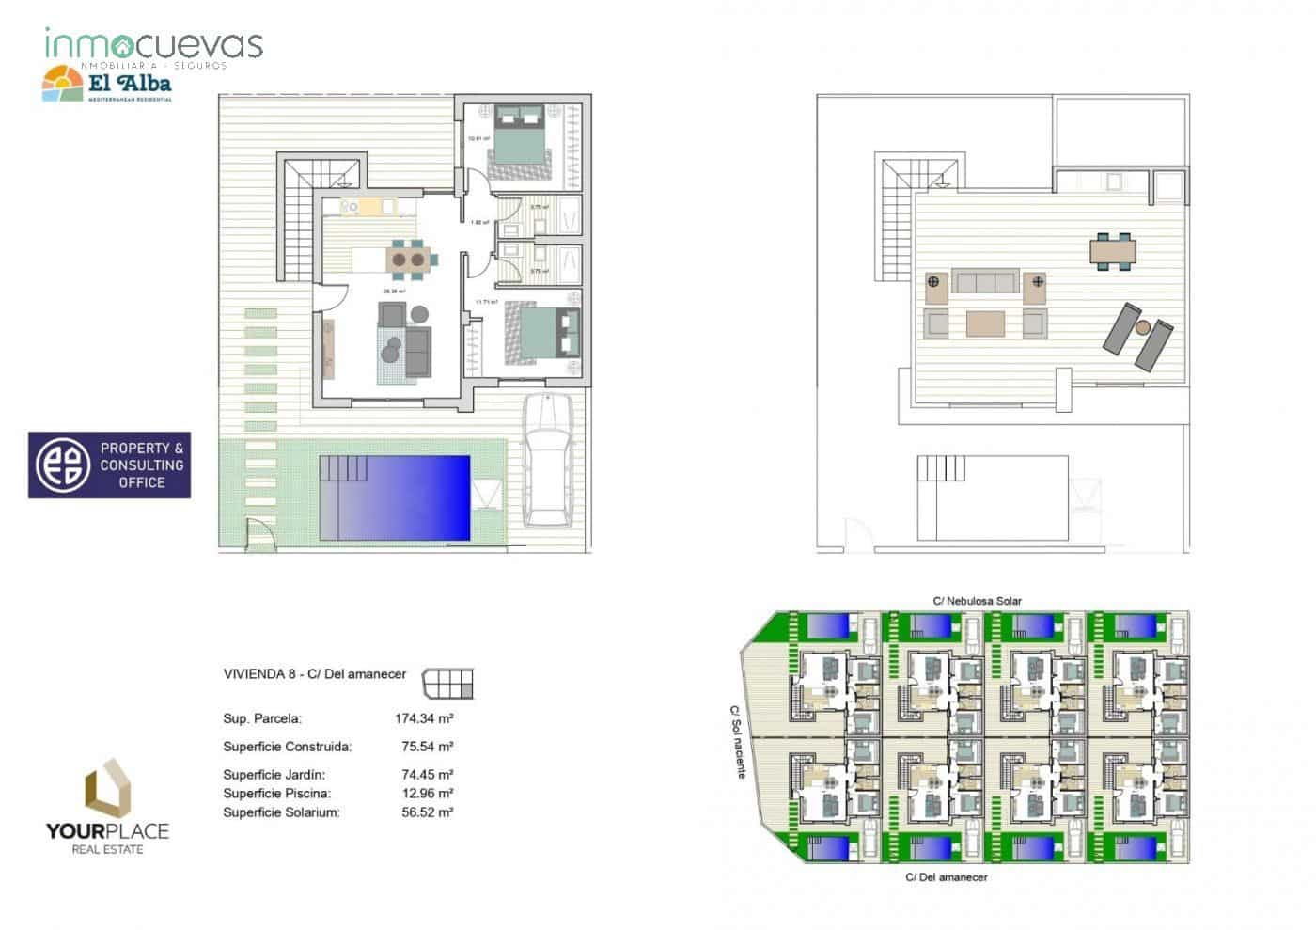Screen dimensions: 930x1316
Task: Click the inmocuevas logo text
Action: coord(153,45)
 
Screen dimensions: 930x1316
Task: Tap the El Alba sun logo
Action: coord(63,84)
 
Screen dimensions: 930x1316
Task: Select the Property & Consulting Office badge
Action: coord(109,465)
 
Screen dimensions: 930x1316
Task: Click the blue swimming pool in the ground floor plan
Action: coord(395,497)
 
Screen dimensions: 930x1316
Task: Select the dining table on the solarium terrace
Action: coord(1113,251)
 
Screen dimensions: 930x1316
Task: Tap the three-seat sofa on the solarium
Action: coord(985,280)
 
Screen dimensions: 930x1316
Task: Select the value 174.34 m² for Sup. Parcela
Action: coord(424,718)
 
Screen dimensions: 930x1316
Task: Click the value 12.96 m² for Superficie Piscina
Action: coord(427,794)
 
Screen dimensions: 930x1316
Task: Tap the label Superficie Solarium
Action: coord(281,812)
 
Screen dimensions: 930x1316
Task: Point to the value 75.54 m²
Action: coord(427,747)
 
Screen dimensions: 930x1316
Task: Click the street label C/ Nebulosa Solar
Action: coord(977,601)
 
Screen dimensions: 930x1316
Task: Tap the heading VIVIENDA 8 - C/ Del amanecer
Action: coord(314,674)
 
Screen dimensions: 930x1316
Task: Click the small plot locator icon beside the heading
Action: coord(448,684)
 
